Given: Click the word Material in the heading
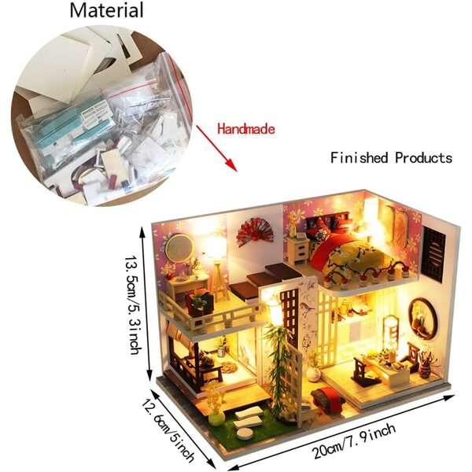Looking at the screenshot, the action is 106,10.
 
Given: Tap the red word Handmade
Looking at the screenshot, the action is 246,129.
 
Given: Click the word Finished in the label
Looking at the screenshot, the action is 360,157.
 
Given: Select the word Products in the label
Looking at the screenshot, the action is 424,158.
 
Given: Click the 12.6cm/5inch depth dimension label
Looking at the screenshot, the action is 168,430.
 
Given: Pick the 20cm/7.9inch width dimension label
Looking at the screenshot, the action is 354,441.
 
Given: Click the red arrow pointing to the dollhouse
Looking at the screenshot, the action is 216,148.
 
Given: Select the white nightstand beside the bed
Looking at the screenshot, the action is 297,250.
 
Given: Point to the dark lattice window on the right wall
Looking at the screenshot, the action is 433,253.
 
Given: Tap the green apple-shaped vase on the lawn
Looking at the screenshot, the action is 216,419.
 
